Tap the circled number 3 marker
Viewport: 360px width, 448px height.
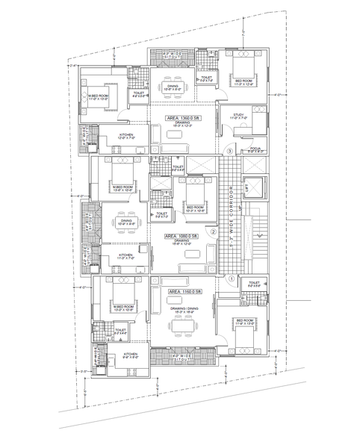[x=230, y=152]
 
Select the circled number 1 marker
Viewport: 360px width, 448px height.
[x=232, y=279]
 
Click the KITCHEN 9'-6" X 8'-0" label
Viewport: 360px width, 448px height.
[x=130, y=356]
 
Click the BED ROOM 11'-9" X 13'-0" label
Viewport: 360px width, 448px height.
[x=243, y=322]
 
